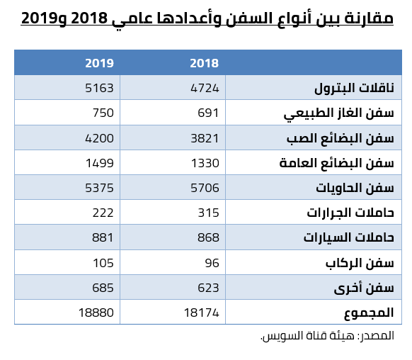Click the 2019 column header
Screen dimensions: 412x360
99,63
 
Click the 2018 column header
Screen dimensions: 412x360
204,63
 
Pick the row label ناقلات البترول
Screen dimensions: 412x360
354,88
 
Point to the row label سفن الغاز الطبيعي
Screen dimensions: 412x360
339,113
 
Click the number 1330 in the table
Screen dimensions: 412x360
205,163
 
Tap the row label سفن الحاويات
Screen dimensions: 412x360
355,188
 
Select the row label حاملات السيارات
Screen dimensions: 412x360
349,237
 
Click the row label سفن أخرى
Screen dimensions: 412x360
364,288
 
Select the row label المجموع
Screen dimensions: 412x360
369,313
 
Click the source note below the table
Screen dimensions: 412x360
327,336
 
